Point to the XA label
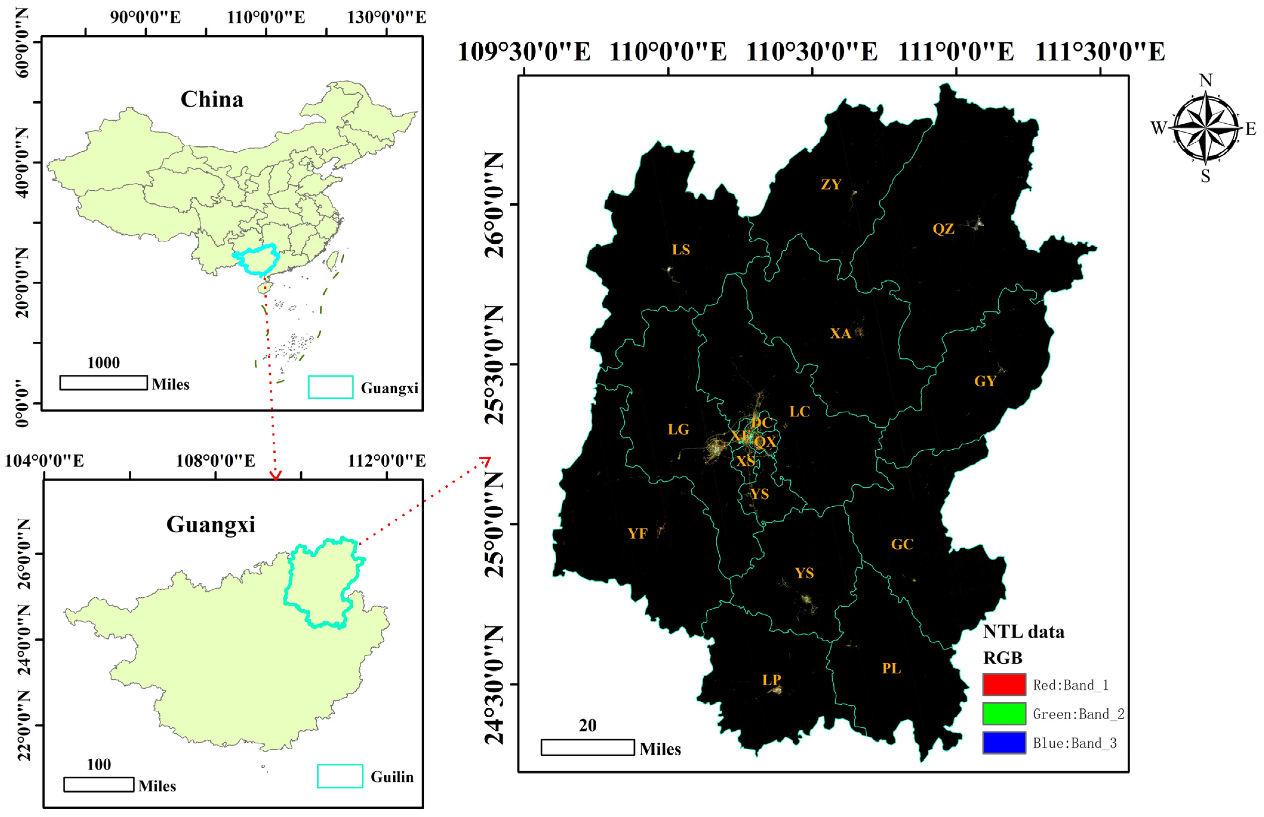[x=840, y=333]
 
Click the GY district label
[x=985, y=381]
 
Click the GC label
[x=902, y=544]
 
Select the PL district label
[x=891, y=669]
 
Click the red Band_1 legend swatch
[x=1004, y=684]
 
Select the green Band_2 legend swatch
[x=1004, y=714]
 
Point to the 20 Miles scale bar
[x=587, y=747]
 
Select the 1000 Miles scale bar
[x=103, y=383]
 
